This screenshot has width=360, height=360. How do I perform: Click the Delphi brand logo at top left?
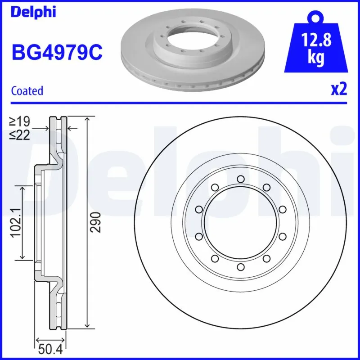coord(33,12)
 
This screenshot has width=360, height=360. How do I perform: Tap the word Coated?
coord(27,91)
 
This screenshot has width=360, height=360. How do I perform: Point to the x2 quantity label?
coord(339,90)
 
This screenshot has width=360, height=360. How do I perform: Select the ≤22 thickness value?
coord(20,134)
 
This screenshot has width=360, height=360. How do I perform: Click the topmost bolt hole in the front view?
coord(240,180)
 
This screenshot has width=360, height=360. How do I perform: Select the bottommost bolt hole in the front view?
coord(240,267)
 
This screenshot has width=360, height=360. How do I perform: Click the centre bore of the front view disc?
coord(240,223)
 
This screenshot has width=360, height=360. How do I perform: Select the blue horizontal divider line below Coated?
coord(180,103)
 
